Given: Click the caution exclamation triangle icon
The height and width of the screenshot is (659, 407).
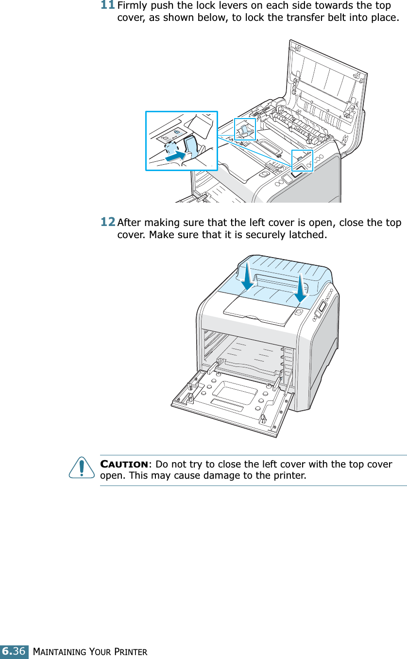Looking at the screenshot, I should coord(82,468).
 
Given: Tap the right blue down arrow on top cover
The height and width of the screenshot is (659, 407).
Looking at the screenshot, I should coord(301,287).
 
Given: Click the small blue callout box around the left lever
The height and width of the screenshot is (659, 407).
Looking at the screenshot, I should coord(245,129).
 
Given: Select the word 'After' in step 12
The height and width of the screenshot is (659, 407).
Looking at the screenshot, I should coord(129,223).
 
